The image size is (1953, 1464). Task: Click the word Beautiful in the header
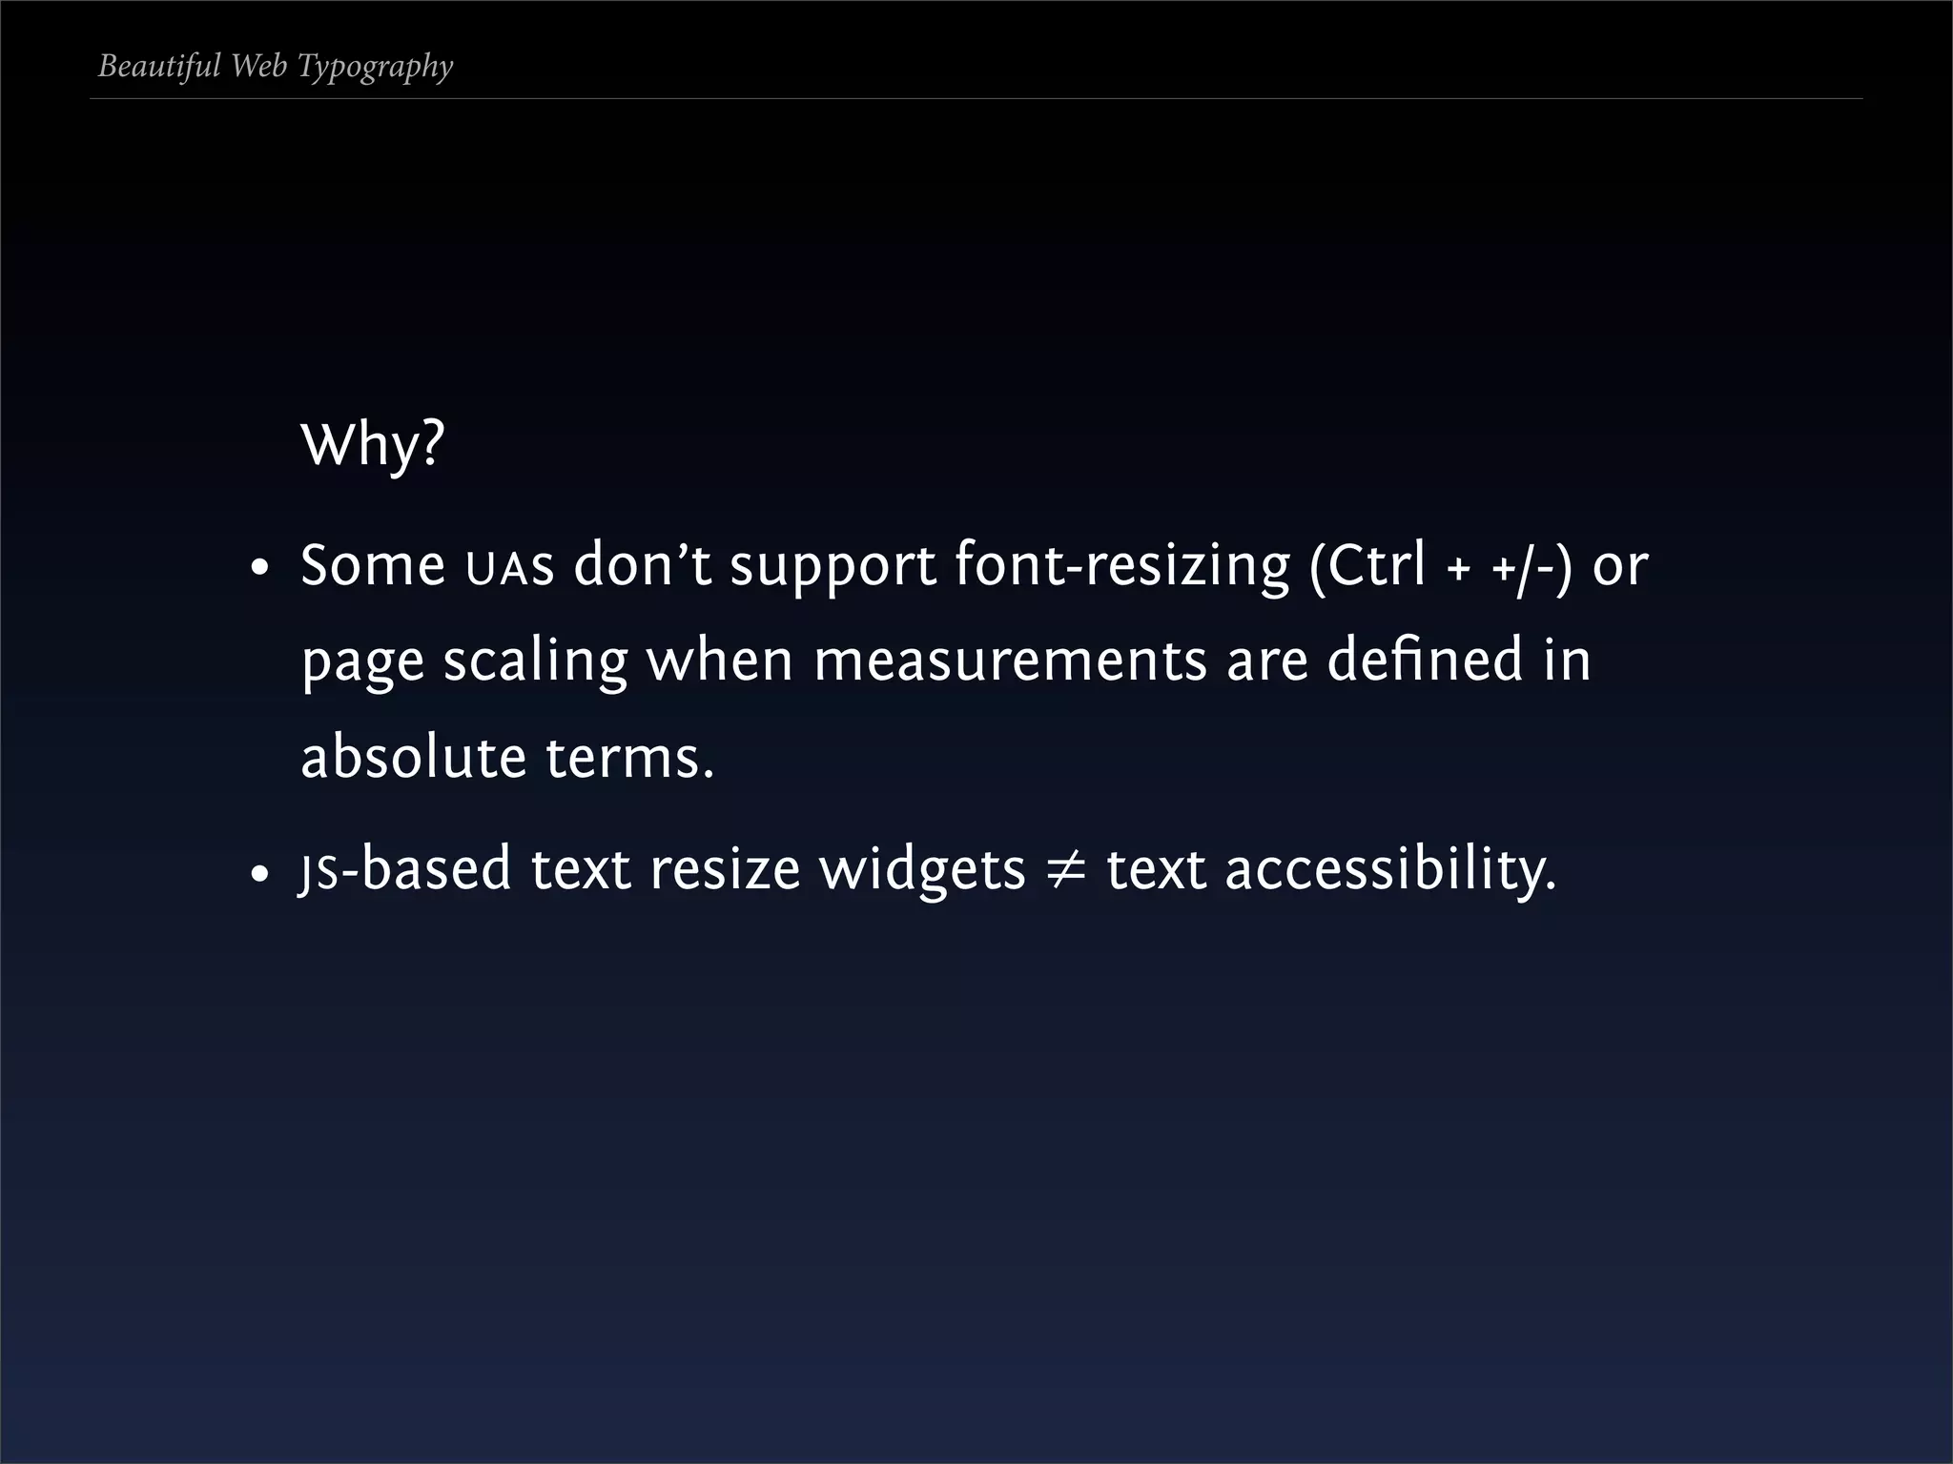(159, 66)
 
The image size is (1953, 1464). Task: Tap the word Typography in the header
(375, 67)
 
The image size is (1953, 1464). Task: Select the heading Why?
(372, 444)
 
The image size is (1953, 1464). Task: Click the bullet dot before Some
(258, 570)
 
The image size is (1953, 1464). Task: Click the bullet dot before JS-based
(258, 874)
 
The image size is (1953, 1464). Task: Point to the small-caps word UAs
(509, 568)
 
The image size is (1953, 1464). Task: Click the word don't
(642, 564)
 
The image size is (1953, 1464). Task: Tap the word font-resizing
(1121, 566)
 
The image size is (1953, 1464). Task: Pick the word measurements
(1010, 661)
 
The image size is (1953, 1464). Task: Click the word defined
(1425, 660)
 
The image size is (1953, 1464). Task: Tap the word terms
(629, 759)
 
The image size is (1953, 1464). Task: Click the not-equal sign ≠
(1066, 870)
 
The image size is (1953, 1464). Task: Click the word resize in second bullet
(724, 870)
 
